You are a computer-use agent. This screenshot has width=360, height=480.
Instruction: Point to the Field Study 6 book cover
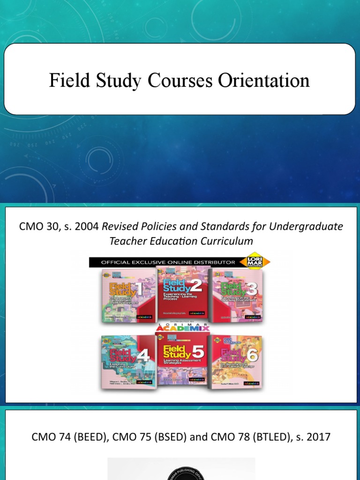click(x=237, y=361)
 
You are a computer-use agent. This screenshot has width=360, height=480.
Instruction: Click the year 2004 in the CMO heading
click(x=87, y=227)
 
